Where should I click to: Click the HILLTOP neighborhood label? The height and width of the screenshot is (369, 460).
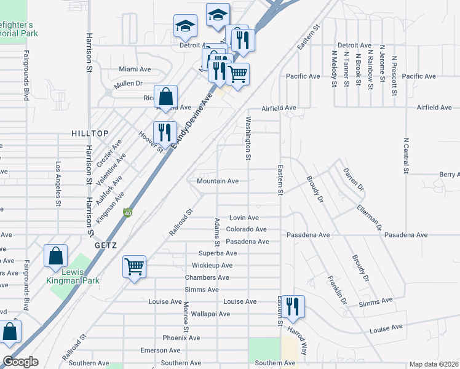[x=90, y=133]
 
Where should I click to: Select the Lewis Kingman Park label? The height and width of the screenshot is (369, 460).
[x=73, y=276]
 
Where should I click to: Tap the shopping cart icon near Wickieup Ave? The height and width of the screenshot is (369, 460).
[x=134, y=267]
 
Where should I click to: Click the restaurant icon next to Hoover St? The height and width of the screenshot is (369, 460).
[x=164, y=132]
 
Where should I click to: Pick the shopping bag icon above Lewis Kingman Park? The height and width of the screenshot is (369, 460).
[x=55, y=256]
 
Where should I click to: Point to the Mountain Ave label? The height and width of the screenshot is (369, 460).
[x=218, y=181]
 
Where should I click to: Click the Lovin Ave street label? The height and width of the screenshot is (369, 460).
[x=244, y=218]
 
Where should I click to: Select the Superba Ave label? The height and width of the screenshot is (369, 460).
[x=218, y=253]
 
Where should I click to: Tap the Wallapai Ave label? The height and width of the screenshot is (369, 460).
[x=210, y=314]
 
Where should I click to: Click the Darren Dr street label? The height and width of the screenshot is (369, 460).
[x=354, y=178]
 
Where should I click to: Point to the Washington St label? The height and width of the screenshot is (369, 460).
[x=248, y=138]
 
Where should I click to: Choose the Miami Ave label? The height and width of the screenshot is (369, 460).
[x=135, y=69]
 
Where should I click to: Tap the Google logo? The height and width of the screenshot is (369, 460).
[x=21, y=362]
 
